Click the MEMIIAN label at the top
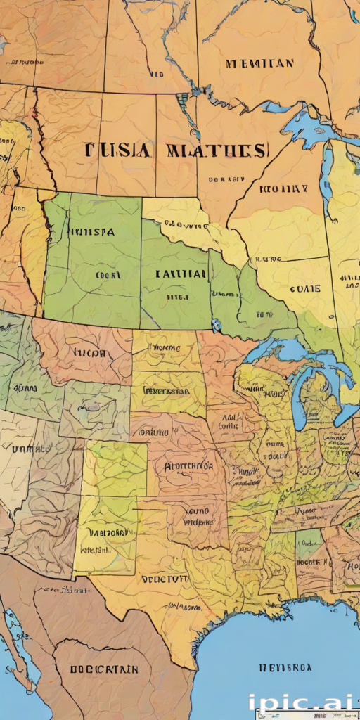259,63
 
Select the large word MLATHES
216,150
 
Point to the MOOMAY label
283,188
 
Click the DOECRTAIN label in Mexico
103,668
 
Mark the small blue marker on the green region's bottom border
215,325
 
